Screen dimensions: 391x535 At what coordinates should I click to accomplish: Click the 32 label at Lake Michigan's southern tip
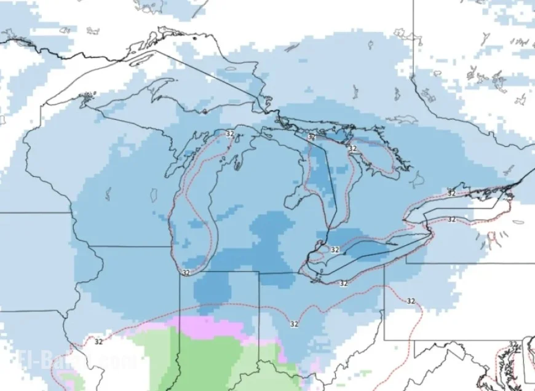186,272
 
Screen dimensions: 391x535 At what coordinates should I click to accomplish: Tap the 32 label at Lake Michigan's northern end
230,133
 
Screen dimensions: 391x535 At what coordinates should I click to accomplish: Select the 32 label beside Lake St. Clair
335,250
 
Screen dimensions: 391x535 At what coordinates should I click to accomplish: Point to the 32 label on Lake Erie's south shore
343,283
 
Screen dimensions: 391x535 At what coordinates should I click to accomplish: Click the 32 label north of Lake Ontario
451,193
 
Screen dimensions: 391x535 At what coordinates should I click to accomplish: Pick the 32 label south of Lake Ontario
451,219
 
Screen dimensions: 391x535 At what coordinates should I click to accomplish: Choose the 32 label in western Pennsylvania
411,301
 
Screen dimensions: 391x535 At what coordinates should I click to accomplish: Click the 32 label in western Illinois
98,342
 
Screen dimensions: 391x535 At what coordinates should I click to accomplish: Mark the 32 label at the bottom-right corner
513,344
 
